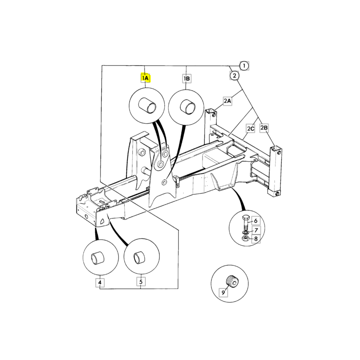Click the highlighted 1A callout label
coord(145,78)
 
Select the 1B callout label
coord(187,78)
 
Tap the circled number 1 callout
coord(244,66)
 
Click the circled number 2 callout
coord(234,76)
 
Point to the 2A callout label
coord(227,101)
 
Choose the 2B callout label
coord(264,128)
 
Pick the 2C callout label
coord(251,129)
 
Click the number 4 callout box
coord(100,283)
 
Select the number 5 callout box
coord(141,283)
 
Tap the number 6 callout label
coord(255,220)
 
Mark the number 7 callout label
coord(255,230)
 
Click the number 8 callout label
coord(255,238)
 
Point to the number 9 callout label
coord(223,292)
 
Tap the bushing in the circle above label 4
coord(99,259)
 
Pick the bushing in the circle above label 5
coord(140,259)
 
